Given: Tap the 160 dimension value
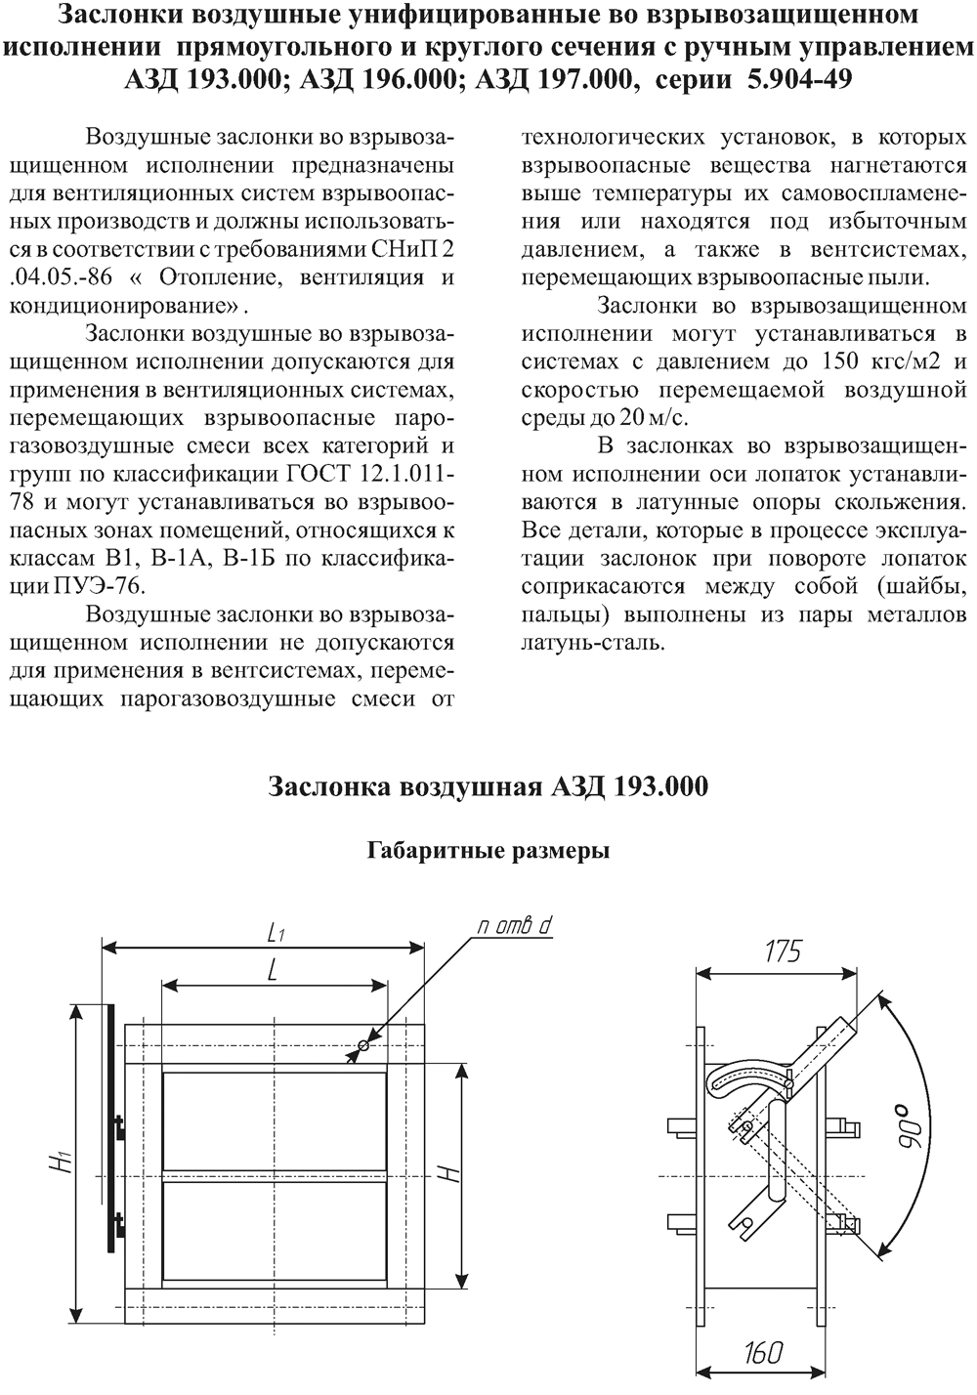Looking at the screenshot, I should coord(762,1352).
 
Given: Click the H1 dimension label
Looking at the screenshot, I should coord(63,1162).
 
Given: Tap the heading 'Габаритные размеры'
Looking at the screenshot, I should coord(488,850).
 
